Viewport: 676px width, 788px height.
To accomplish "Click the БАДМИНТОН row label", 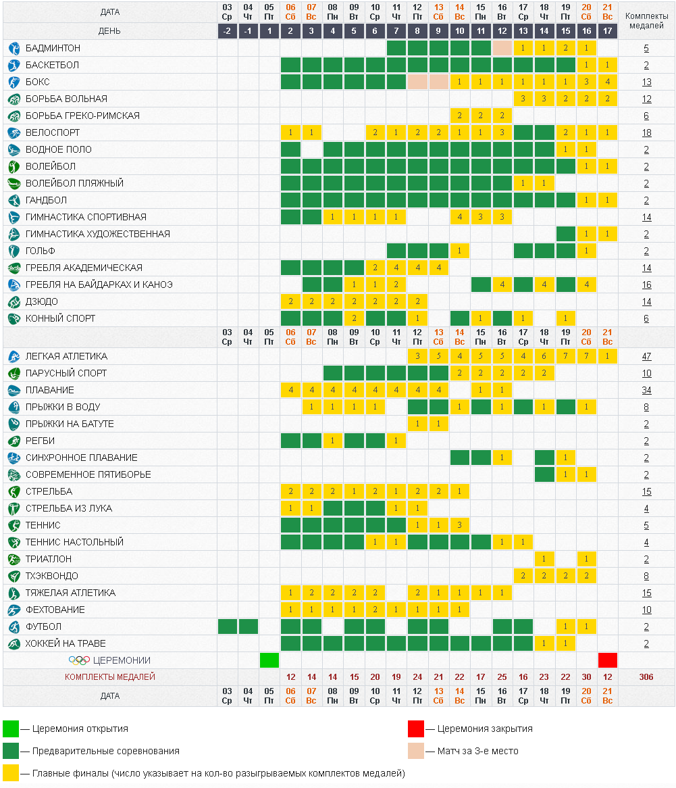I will pos(53,49).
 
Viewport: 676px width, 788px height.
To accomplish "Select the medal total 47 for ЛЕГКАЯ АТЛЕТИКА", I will pos(646,356).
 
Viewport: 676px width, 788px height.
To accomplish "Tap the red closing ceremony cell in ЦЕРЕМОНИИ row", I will pos(608,660).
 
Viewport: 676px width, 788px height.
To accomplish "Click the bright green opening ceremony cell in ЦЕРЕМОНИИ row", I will pos(269,660).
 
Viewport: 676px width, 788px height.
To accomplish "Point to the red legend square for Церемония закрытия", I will pos(416,729).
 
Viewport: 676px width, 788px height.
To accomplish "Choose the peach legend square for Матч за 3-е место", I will pos(416,751).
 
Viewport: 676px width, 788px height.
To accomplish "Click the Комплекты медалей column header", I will pos(646,21).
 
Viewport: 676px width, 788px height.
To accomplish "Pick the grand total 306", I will pos(646,677).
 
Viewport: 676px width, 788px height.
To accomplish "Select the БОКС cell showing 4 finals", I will pos(608,82).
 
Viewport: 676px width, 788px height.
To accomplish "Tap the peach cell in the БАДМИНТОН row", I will pos(502,49).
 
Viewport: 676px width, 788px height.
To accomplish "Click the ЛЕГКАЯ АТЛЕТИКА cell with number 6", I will pos(544,356).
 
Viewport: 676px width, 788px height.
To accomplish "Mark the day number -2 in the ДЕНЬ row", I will pos(228,32).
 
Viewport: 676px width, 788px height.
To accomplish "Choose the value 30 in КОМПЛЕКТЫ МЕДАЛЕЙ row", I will pos(586,677).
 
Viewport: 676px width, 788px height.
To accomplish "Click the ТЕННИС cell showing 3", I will pos(460,525).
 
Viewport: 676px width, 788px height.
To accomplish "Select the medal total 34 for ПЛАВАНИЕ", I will pos(646,390).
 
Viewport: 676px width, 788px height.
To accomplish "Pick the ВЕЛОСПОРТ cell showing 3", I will pos(502,133).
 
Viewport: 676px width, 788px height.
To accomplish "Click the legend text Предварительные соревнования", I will pos(101,751).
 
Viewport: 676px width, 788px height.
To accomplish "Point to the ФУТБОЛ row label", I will pos(43,626).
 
